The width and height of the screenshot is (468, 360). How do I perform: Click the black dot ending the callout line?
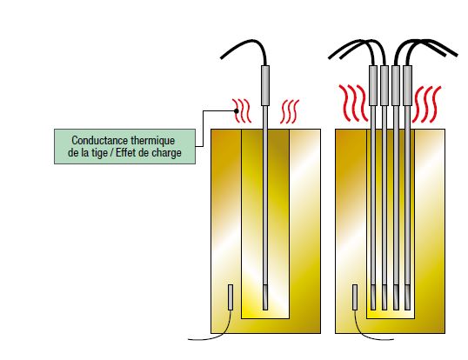click(237, 111)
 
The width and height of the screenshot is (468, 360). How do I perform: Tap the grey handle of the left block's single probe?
click(265, 85)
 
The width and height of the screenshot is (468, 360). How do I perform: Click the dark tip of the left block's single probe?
click(265, 297)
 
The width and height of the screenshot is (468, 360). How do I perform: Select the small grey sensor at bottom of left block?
click(231, 297)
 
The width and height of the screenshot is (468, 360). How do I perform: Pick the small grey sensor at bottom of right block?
click(355, 297)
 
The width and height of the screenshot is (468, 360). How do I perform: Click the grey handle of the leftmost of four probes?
click(373, 85)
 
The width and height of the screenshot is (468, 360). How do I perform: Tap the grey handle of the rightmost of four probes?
click(407, 85)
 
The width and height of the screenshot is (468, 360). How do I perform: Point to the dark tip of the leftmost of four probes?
click(373, 297)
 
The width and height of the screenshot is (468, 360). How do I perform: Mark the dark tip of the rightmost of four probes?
click(407, 297)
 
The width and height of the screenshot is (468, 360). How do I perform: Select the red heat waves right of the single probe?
click(290, 111)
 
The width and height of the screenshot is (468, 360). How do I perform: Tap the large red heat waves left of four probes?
click(353, 103)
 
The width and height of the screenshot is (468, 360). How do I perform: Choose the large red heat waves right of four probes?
click(426, 104)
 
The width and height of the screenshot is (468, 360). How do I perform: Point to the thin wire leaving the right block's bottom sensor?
click(365, 334)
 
